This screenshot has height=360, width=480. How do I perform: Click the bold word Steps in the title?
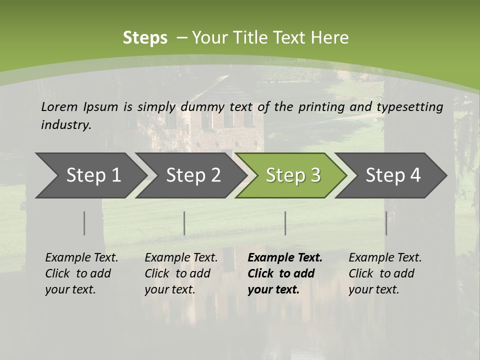click(x=145, y=38)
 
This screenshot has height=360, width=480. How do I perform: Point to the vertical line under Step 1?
click(x=84, y=223)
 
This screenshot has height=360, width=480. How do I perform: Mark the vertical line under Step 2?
click(x=184, y=223)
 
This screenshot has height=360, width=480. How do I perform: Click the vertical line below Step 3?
click(x=285, y=223)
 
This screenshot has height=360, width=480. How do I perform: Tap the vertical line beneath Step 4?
click(x=386, y=223)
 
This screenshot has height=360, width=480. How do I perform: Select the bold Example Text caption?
click(x=285, y=273)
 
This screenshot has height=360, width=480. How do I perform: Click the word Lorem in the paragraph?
click(x=59, y=107)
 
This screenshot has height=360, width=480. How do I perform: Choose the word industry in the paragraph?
click(x=66, y=125)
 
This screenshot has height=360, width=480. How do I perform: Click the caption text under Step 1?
click(x=81, y=273)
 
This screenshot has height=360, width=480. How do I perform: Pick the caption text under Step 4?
click(x=385, y=273)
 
